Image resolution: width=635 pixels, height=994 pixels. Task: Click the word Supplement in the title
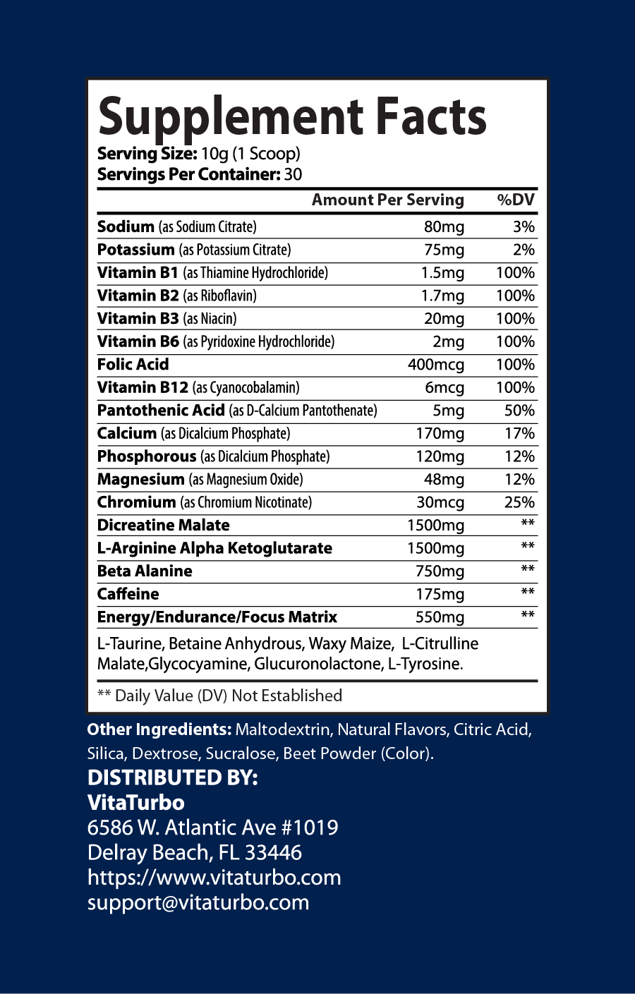point(230,118)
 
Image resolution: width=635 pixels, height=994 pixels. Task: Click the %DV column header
point(516,200)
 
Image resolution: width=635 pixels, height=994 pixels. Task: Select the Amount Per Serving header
point(388,200)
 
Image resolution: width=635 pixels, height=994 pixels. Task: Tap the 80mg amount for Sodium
point(444,226)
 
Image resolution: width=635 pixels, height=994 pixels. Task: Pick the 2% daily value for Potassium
point(524,250)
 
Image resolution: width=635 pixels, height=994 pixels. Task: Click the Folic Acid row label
point(133,364)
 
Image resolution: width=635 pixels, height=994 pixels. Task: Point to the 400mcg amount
point(436,365)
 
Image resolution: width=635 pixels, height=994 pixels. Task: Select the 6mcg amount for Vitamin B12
point(445,387)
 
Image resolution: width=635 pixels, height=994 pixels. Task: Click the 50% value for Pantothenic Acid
point(519,411)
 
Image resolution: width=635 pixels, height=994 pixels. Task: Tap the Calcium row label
point(127,433)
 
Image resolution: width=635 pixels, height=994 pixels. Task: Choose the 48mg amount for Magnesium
point(444,480)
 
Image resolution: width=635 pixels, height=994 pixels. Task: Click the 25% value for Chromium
point(519,502)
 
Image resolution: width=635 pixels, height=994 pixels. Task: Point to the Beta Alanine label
point(145,571)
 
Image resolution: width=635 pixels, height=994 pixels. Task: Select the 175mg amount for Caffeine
point(440,594)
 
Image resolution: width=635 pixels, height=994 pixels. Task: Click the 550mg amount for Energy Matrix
point(440,617)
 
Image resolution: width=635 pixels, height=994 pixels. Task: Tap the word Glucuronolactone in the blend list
point(317,664)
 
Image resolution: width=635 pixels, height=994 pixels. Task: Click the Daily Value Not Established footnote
point(219,696)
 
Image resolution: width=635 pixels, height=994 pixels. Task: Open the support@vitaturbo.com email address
point(198,902)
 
